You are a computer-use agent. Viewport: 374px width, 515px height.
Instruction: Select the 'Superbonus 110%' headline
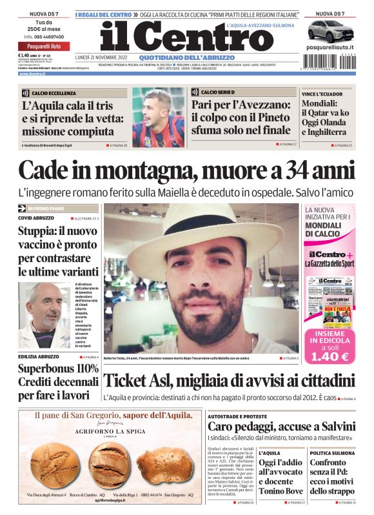58,369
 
